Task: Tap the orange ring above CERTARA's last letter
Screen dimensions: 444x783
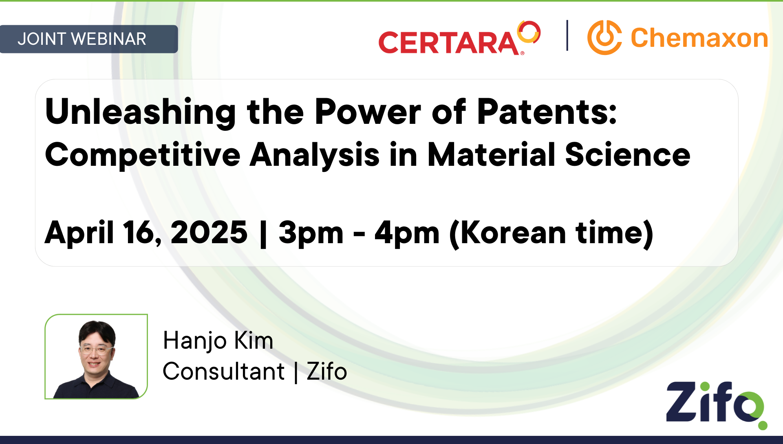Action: point(529,32)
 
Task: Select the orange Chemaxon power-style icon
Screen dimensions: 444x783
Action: point(604,37)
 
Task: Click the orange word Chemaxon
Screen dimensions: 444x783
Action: point(699,38)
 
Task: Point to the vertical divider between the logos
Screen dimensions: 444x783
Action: point(567,35)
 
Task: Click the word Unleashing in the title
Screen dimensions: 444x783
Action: point(140,112)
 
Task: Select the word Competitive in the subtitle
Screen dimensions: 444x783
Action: point(143,155)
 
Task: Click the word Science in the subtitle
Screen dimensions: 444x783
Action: point(627,155)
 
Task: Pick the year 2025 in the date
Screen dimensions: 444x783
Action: point(209,233)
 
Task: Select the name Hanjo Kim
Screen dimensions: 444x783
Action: point(218,341)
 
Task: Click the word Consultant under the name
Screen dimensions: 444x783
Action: point(223,371)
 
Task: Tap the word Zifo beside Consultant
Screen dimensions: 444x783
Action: point(326,371)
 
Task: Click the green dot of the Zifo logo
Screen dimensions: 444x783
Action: point(762,426)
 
